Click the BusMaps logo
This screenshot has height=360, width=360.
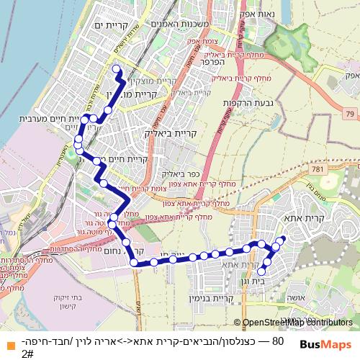tap(326, 345)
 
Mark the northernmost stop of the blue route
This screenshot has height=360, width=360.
tap(117, 69)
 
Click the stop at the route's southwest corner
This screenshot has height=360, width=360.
tap(134, 263)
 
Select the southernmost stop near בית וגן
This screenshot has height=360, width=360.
tap(263, 271)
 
